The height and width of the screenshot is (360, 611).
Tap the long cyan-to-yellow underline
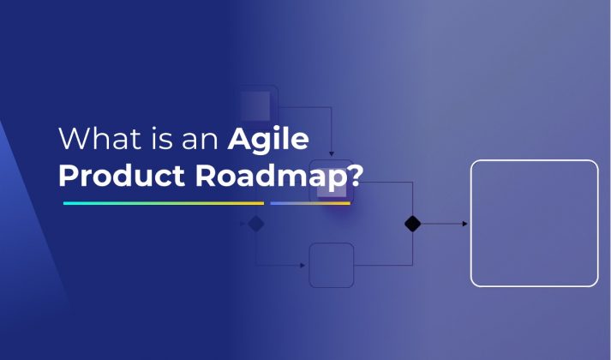click(x=163, y=203)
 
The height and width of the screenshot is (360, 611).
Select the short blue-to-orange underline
click(x=310, y=203)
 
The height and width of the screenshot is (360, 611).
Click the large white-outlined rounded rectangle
click(x=534, y=223)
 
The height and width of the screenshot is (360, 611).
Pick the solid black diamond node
click(x=412, y=224)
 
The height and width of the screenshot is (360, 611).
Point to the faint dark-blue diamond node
click(x=255, y=225)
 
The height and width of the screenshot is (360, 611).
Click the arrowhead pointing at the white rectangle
click(x=464, y=224)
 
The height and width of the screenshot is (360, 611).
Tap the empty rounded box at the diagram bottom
click(x=332, y=265)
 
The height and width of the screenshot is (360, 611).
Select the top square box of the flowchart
click(x=257, y=105)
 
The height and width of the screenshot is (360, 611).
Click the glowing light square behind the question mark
click(x=332, y=182)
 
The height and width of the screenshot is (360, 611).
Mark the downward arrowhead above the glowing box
click(x=332, y=153)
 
